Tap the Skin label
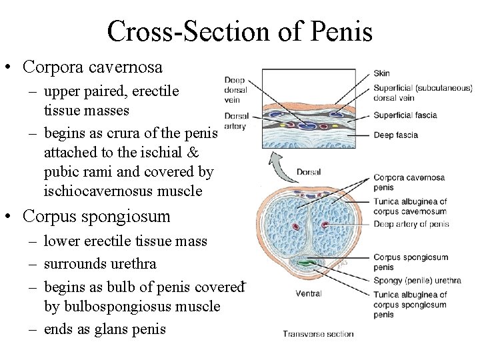[x=382, y=73]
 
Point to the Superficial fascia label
[x=405, y=115]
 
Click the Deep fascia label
[x=396, y=135]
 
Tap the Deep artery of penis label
[x=411, y=224]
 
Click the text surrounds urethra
[x=99, y=264]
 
